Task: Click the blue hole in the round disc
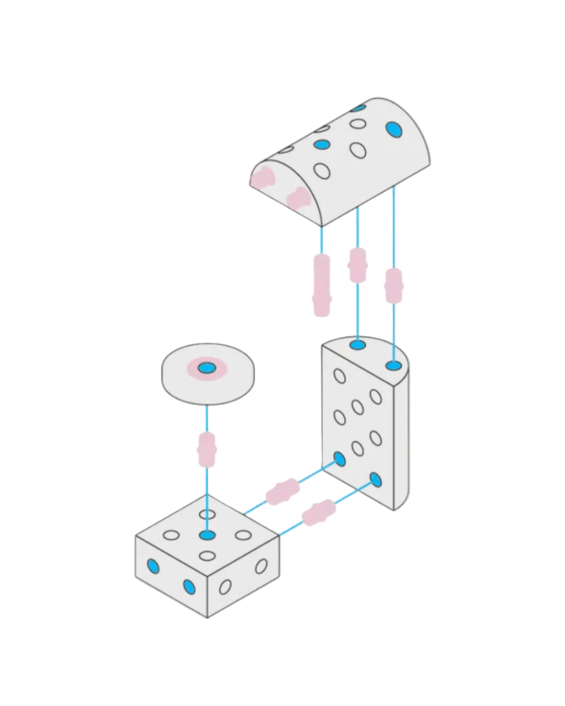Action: pyautogui.click(x=207, y=368)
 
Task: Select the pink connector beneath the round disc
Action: pyautogui.click(x=207, y=450)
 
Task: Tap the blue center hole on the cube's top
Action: pyautogui.click(x=208, y=535)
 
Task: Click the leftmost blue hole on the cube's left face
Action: pyautogui.click(x=153, y=566)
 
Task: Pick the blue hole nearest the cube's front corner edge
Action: pyautogui.click(x=189, y=587)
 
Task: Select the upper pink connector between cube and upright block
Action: pyautogui.click(x=282, y=492)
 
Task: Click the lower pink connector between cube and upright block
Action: pyautogui.click(x=319, y=511)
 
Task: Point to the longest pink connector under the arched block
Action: pyautogui.click(x=322, y=284)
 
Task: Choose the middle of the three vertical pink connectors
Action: pyautogui.click(x=357, y=265)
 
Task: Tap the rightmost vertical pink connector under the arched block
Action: pyautogui.click(x=393, y=286)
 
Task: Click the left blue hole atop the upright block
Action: pyautogui.click(x=358, y=345)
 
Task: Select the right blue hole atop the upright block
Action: pyautogui.click(x=393, y=365)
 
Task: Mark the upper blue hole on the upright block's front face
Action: pyautogui.click(x=340, y=460)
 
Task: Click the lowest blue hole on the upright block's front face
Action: pyautogui.click(x=375, y=479)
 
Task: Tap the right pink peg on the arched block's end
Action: pyautogui.click(x=297, y=198)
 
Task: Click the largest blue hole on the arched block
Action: pyautogui.click(x=394, y=129)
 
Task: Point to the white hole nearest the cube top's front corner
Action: pyautogui.click(x=208, y=555)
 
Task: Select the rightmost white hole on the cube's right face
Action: pyautogui.click(x=261, y=566)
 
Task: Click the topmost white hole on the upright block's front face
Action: pyautogui.click(x=340, y=376)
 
